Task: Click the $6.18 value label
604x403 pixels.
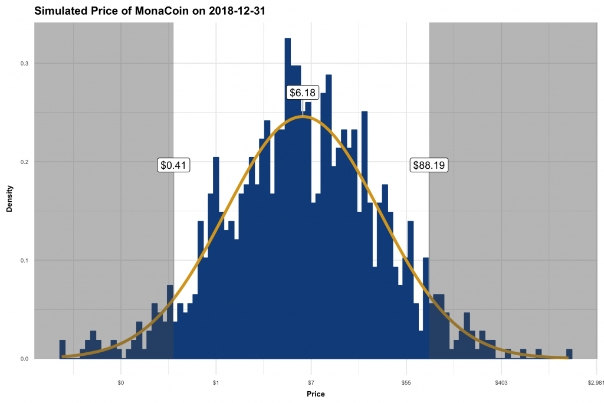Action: [303, 93]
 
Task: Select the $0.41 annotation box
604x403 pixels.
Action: [173, 165]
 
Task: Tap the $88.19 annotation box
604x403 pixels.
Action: [429, 165]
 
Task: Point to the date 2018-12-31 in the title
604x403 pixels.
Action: [236, 11]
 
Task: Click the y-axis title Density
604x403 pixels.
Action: [9, 198]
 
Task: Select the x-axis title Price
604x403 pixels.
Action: [315, 394]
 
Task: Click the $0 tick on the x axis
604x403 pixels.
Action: [121, 382]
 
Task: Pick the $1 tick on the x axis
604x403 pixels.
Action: [216, 382]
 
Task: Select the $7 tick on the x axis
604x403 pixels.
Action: [311, 382]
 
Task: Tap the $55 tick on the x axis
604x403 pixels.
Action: [406, 382]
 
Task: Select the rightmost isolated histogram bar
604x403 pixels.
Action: [569, 354]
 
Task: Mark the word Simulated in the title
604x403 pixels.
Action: [59, 11]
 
